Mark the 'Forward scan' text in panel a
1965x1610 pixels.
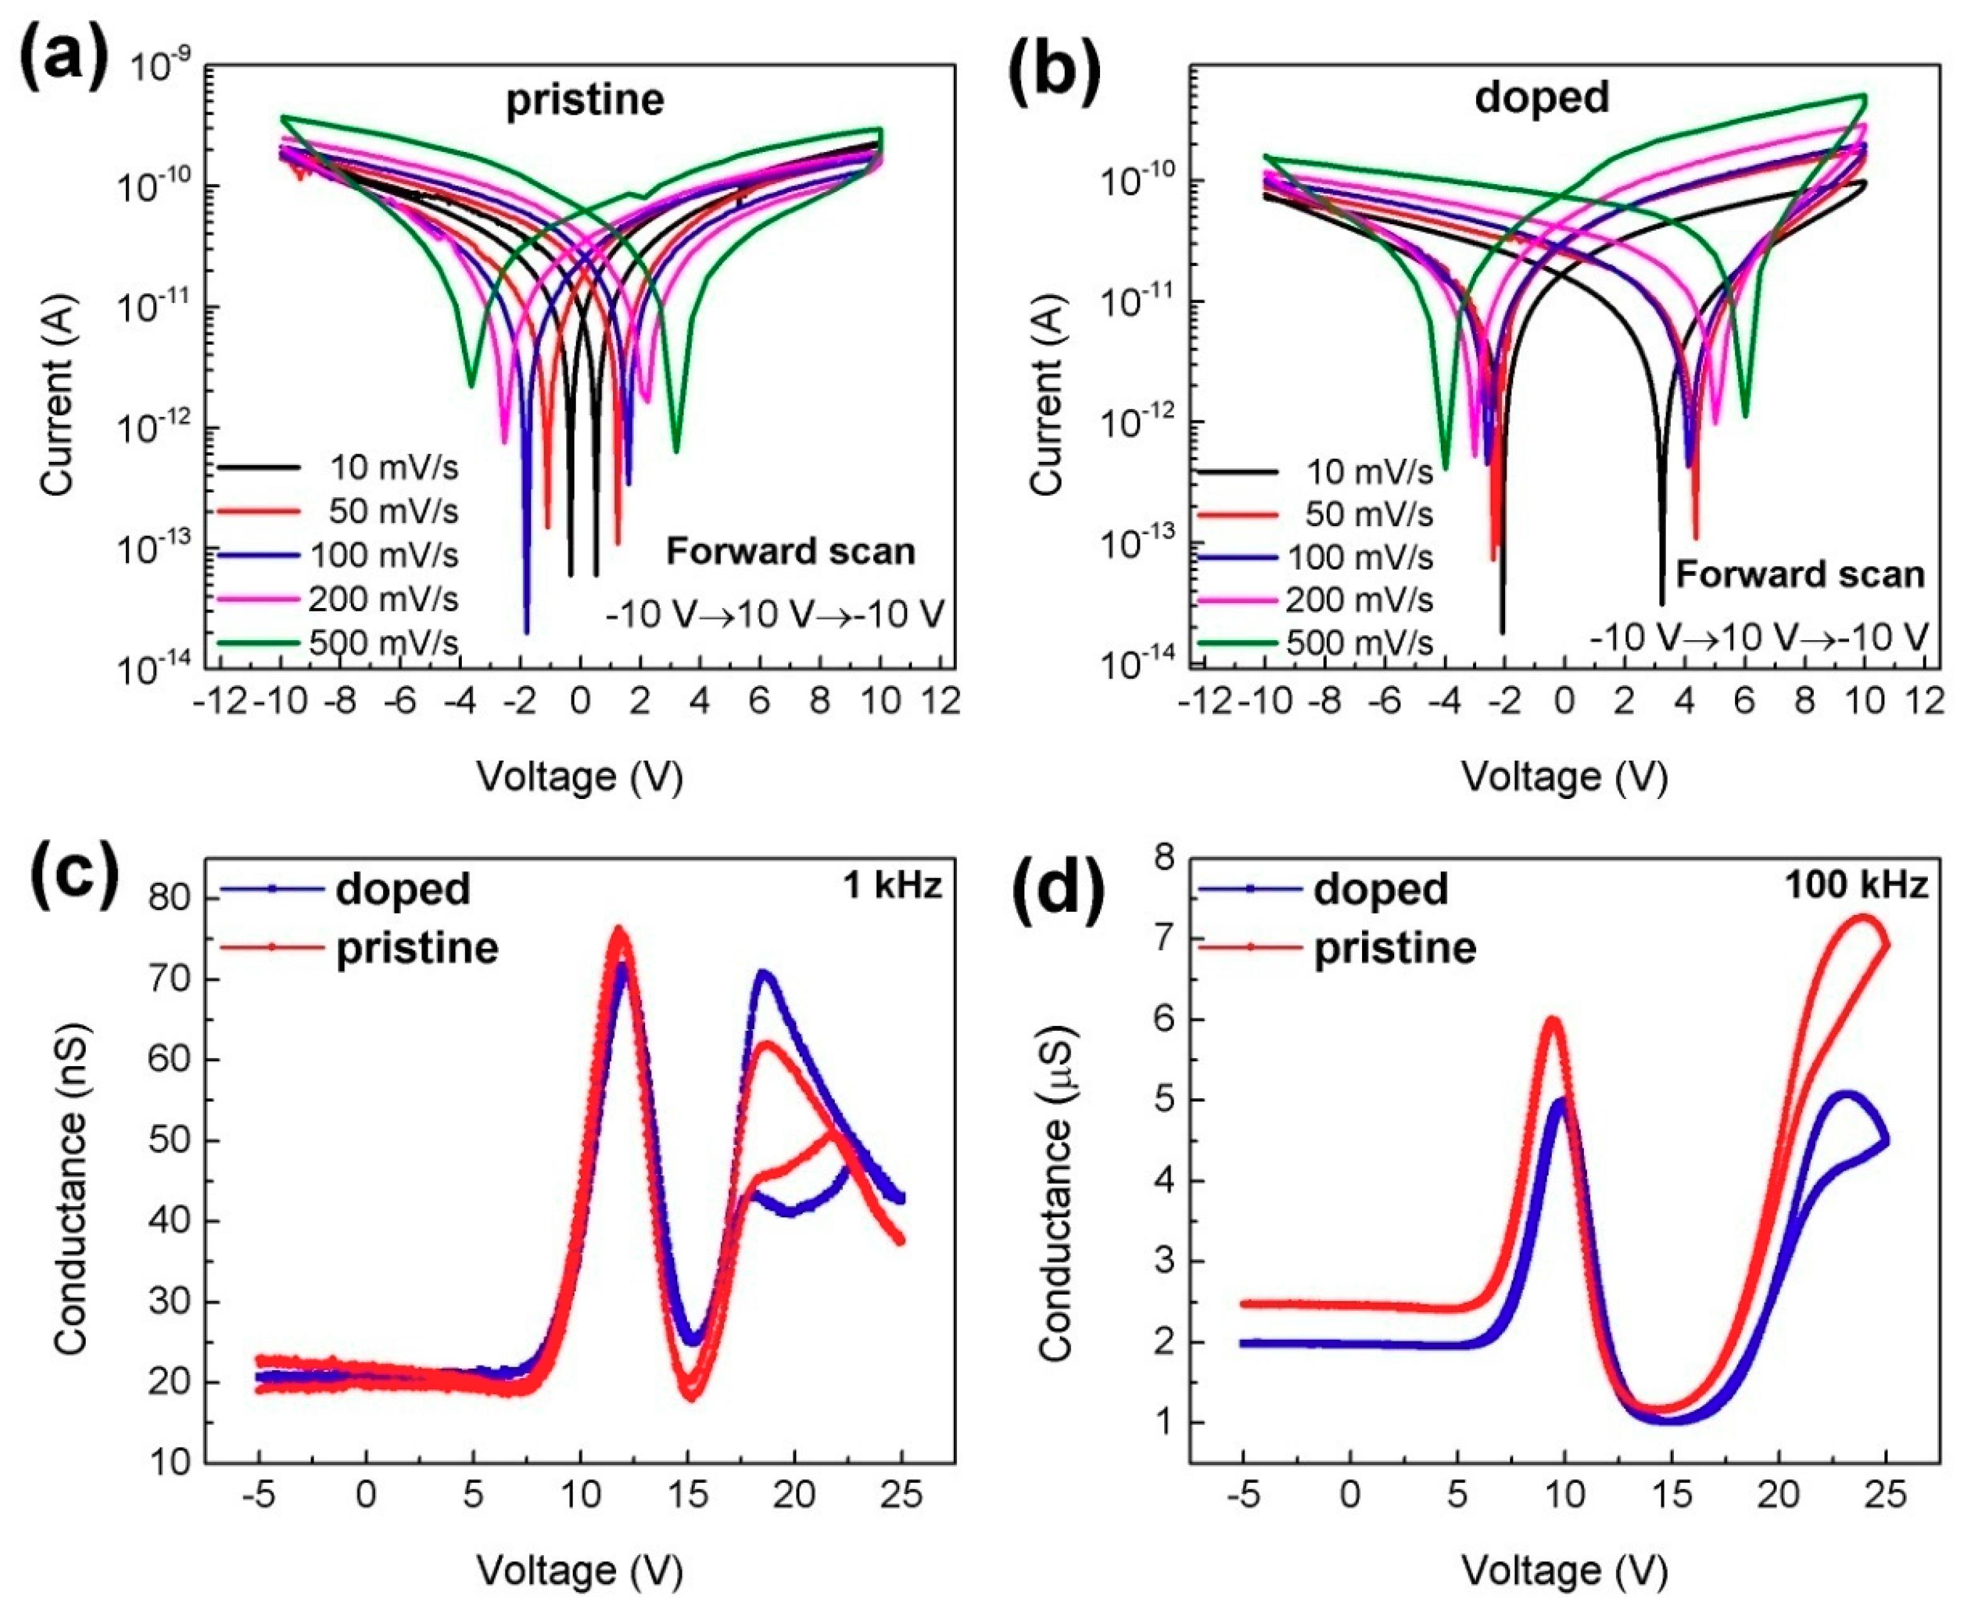pyautogui.click(x=790, y=552)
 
